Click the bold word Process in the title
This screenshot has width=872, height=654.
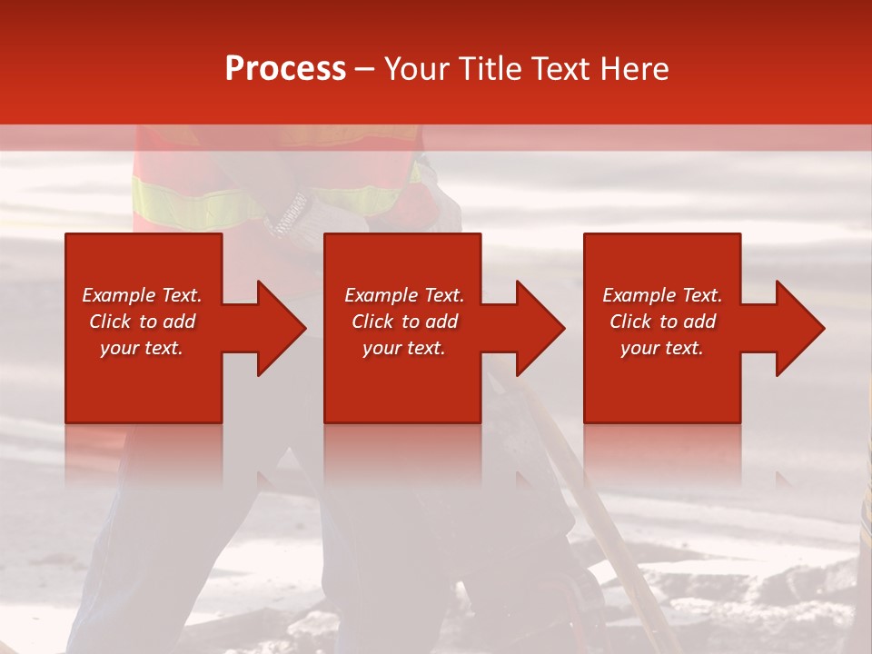[285, 69]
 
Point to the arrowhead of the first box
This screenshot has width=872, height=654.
[282, 328]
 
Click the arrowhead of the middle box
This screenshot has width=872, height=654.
[540, 328]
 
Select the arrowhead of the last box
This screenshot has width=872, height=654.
[800, 328]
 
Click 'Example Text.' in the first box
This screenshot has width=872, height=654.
[142, 295]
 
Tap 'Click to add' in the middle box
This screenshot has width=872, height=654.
[404, 322]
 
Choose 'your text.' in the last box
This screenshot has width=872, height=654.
[661, 348]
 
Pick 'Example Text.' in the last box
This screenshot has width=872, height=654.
[662, 295]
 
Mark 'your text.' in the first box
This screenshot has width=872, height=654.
[142, 348]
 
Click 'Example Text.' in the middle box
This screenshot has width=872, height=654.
[404, 295]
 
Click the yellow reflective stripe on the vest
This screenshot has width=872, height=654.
[191, 204]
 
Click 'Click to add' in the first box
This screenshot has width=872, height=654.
[142, 322]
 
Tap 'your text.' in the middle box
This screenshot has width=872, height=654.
[403, 348]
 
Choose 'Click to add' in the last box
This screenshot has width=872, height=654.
[662, 322]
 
